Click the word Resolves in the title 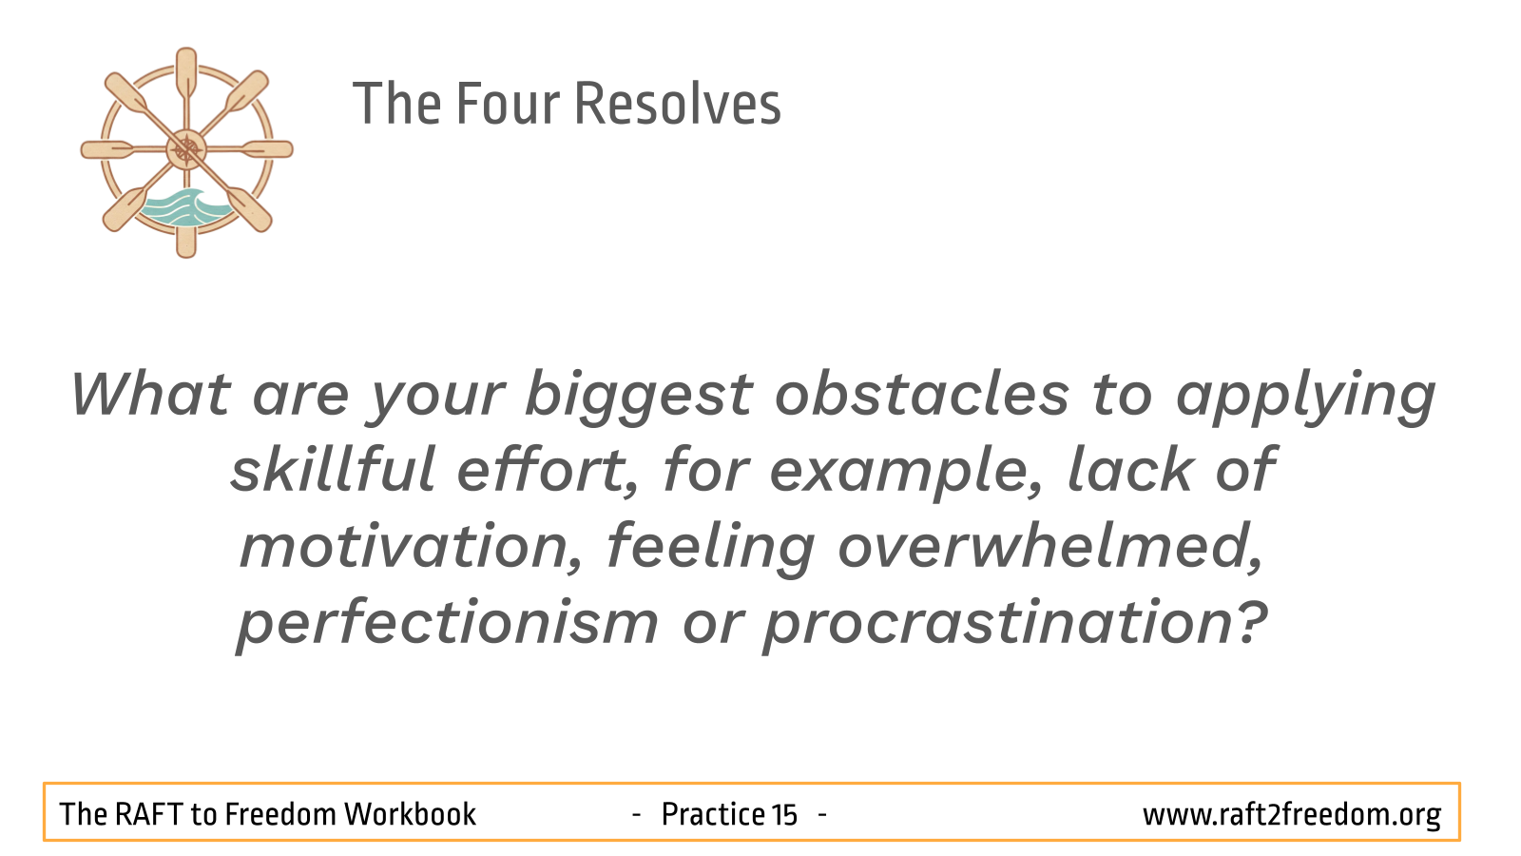coord(677,104)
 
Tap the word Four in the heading coord(508,104)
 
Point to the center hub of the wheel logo coord(186,149)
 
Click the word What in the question coord(151,394)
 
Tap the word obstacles coord(922,394)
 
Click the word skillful coord(333,469)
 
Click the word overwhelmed coord(1050,546)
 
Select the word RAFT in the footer coord(148,814)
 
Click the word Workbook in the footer coord(410,814)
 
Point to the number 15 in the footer coord(783,814)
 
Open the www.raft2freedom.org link coord(1292,815)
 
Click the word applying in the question coord(1306,398)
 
